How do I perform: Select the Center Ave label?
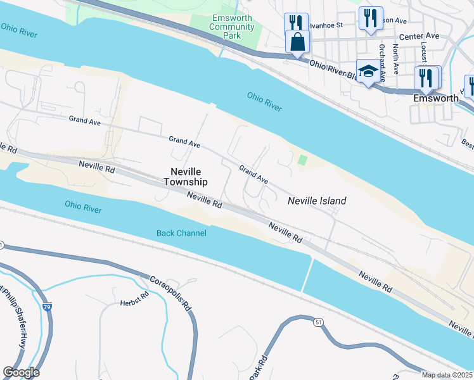click(423, 36)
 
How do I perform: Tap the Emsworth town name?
click(436, 98)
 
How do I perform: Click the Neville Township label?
click(186, 176)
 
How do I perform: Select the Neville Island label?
click(317, 201)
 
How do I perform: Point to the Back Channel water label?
click(181, 233)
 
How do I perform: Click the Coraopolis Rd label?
click(172, 292)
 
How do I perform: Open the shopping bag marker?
click(297, 42)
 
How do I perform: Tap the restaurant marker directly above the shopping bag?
click(296, 23)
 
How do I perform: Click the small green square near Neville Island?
click(303, 160)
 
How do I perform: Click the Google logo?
click(21, 372)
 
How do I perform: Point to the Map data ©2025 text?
click(447, 375)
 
